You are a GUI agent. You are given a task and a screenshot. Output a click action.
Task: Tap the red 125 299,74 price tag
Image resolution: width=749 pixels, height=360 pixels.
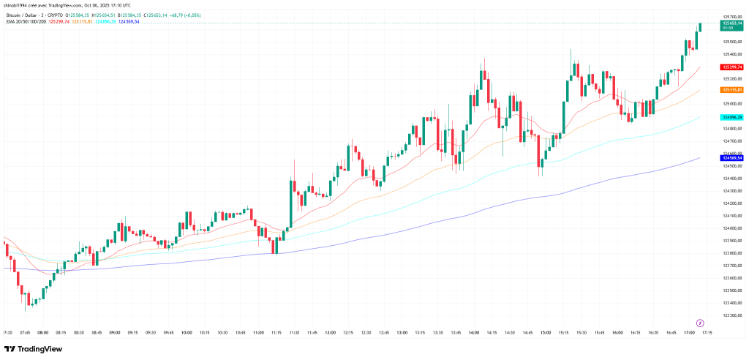[732, 67]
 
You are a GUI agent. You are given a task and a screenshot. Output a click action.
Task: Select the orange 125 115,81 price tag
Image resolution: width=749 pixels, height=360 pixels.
[732, 89]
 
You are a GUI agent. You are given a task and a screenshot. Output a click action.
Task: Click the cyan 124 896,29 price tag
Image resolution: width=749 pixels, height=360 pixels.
[732, 117]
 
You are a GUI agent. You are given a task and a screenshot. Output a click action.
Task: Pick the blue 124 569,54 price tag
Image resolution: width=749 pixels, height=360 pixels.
[732, 157]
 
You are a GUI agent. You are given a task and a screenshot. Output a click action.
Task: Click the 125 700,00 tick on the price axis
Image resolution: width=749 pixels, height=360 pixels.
[732, 16]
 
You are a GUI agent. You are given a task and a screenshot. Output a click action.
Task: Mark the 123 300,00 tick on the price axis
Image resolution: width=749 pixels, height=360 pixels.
[732, 315]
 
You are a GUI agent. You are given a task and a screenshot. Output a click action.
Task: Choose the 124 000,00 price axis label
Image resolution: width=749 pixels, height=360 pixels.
[732, 228]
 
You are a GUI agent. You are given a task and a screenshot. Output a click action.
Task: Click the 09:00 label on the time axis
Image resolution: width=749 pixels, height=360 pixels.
[115, 332]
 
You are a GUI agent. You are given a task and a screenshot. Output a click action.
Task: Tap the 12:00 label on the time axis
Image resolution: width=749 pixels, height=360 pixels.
[330, 332]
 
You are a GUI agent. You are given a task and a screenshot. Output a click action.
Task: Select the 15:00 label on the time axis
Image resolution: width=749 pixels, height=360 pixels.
[545, 332]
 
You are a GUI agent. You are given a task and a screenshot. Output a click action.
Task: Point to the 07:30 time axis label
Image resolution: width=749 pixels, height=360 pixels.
[7, 332]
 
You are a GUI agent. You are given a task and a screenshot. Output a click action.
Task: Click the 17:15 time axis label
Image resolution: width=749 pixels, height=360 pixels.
[707, 332]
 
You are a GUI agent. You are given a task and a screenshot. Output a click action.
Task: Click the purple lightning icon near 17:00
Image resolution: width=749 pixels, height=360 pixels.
[700, 322]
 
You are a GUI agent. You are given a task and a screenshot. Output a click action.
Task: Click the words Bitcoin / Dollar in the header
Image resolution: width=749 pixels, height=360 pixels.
[22, 15]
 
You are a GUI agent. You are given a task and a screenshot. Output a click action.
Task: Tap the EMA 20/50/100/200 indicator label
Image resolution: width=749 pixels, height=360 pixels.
[26, 21]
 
